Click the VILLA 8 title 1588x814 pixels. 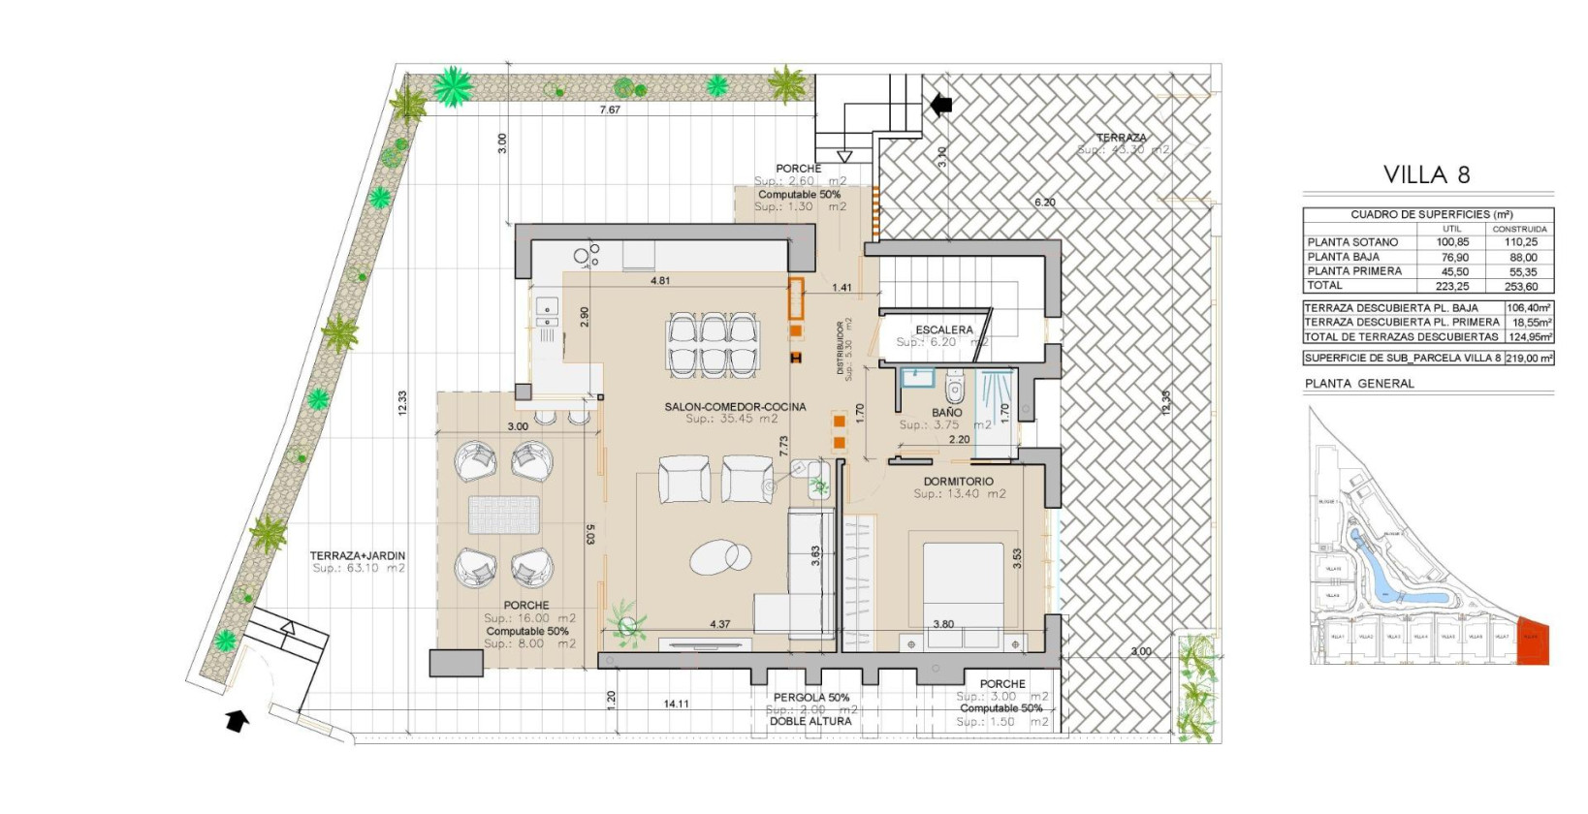[x=1426, y=175]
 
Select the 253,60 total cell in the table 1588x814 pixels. [x=1522, y=287]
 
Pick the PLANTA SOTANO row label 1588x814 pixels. [x=1352, y=242]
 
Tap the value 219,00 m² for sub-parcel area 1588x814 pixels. [x=1530, y=359]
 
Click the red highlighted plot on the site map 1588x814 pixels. [x=1533, y=642]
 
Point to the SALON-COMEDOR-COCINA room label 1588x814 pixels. [x=735, y=407]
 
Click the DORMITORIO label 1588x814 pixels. [x=958, y=482]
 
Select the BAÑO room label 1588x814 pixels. [x=946, y=413]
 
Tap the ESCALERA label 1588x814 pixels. [x=943, y=330]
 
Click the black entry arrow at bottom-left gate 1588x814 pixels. [x=237, y=720]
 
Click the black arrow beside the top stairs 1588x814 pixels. [x=940, y=104]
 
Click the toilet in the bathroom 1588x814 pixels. [x=954, y=390]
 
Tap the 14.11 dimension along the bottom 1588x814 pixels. [x=676, y=704]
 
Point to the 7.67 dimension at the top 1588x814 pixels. [x=610, y=110]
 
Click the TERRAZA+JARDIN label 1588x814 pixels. [x=358, y=556]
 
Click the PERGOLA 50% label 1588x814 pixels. [x=810, y=698]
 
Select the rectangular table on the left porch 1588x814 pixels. [x=504, y=515]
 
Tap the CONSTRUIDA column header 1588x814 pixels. [x=1519, y=230]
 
